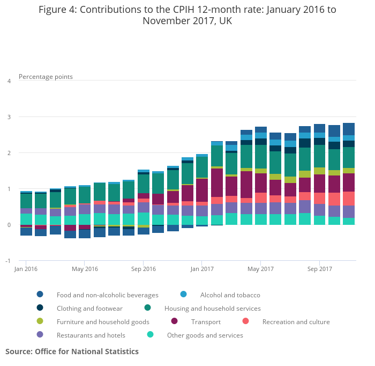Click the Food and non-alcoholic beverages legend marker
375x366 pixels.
point(40,295)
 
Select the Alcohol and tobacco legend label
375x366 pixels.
point(230,295)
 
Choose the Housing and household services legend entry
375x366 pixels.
point(212,309)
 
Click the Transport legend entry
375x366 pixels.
point(206,322)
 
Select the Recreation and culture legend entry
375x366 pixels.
point(296,322)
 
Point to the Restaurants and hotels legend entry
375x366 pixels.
point(91,335)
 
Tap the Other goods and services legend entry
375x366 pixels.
point(205,335)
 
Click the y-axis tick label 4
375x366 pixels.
point(9,81)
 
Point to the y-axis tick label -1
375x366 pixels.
point(8,261)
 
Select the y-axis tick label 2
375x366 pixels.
point(9,153)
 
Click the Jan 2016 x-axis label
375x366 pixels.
point(26,268)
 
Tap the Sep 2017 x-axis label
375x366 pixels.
point(319,268)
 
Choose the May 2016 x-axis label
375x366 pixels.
point(85,268)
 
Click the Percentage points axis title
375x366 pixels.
point(46,77)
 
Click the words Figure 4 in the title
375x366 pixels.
point(58,10)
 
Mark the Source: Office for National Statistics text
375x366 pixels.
point(72,352)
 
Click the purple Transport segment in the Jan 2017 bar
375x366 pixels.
point(202,190)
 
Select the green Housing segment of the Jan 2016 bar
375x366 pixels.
point(26,200)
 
